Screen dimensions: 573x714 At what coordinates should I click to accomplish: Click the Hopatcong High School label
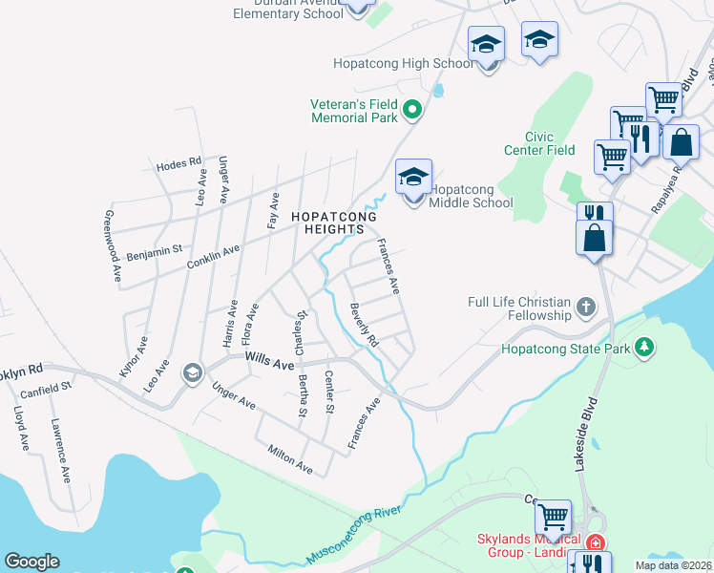click(x=403, y=64)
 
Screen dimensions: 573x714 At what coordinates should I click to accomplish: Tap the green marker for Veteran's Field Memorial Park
click(x=412, y=110)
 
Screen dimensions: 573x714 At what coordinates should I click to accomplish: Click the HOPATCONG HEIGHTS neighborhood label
click(x=327, y=223)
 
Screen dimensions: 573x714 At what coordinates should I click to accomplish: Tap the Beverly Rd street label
click(x=364, y=325)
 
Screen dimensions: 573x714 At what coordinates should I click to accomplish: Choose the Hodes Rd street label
click(x=178, y=164)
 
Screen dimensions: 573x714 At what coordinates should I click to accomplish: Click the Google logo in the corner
click(x=31, y=562)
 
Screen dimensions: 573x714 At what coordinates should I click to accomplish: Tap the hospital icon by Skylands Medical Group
click(x=596, y=541)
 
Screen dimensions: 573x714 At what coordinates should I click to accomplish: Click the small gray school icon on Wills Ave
click(x=192, y=371)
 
